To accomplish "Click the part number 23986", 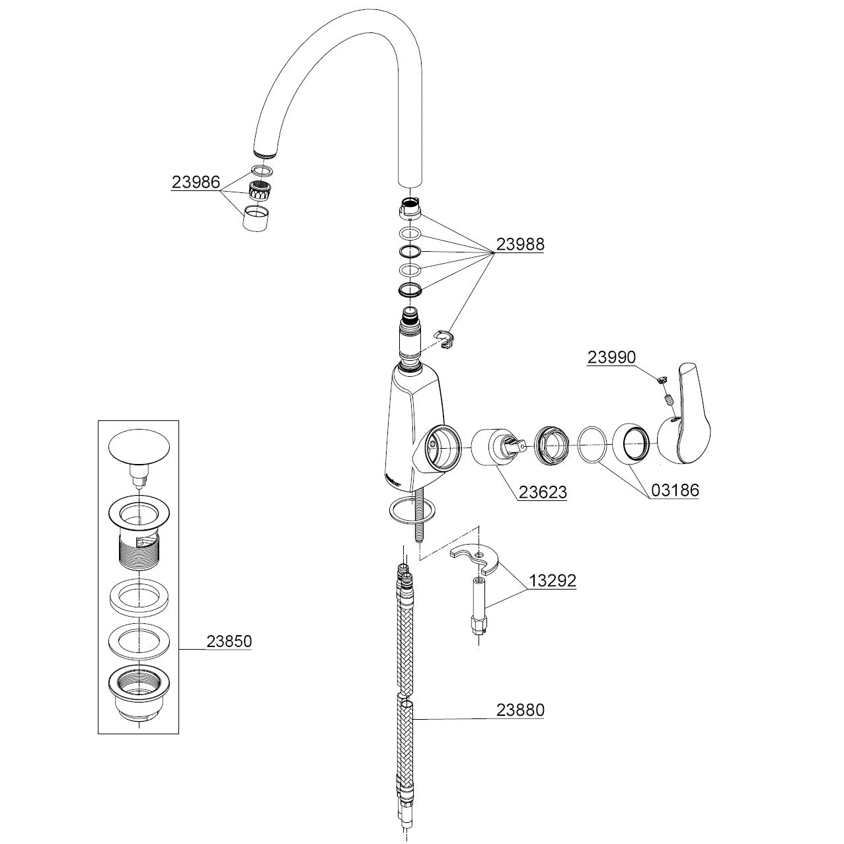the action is click(196, 182).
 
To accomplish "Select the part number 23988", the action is click(520, 244).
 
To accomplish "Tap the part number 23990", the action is click(611, 358).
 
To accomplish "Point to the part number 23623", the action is click(543, 492).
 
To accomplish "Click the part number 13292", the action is click(553, 581).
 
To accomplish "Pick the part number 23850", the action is click(229, 641).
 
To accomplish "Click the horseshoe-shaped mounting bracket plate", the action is click(477, 559).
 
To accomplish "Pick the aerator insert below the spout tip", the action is click(259, 190).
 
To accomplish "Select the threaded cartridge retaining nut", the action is click(551, 445).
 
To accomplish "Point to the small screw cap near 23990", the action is click(662, 379).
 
